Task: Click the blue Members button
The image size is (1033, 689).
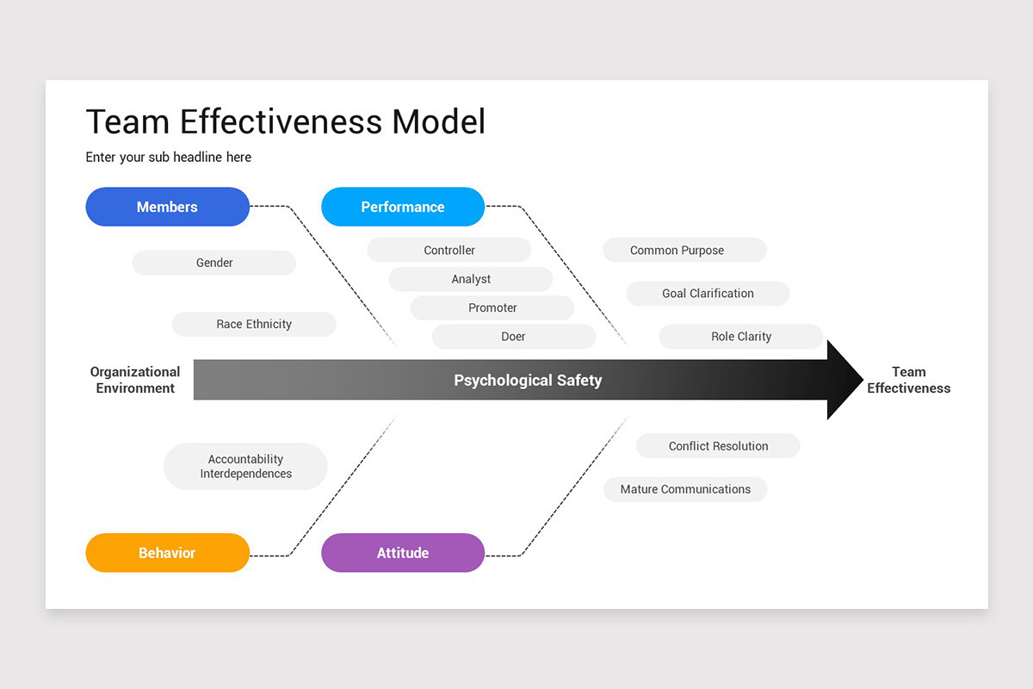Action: coord(167,207)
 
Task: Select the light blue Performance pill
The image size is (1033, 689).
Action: coord(403,207)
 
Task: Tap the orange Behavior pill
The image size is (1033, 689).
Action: coord(167,553)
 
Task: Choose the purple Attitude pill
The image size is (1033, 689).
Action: coord(403,553)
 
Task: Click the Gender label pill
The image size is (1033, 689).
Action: coord(214,263)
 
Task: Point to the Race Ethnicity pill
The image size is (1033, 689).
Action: coord(254,324)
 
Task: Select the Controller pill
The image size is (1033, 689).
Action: coord(449,250)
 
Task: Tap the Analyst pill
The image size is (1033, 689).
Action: coord(471,279)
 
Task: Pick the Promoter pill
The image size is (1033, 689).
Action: coord(492,307)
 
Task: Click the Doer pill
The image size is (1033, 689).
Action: coord(513,337)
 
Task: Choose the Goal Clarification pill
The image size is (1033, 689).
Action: coord(708,293)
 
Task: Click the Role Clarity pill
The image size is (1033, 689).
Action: coord(741,337)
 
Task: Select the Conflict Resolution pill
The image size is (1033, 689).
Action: coord(718,446)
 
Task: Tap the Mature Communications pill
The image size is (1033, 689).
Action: coord(685,489)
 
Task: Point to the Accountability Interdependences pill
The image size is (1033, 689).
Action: coord(245,466)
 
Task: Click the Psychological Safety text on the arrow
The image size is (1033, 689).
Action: coord(528,380)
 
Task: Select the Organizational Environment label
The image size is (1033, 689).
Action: coord(135,380)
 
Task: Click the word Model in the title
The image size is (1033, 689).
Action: coord(438,121)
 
